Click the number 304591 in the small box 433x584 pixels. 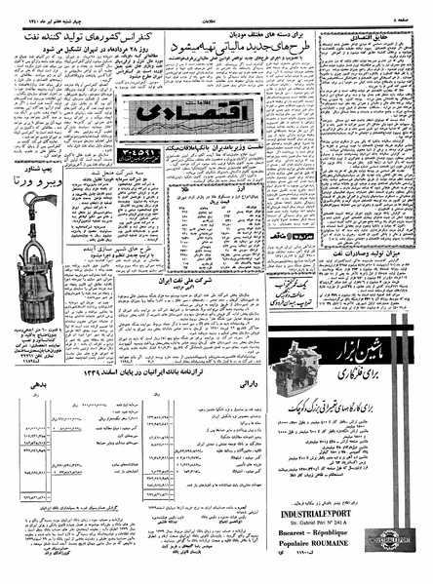tap(140, 155)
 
